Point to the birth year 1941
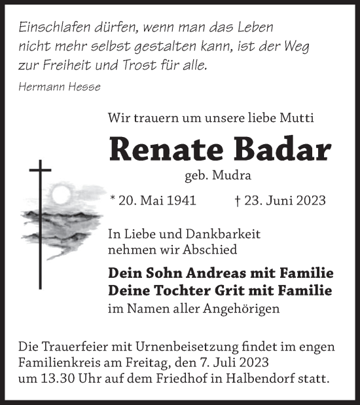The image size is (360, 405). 180,201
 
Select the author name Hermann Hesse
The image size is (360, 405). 60,87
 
